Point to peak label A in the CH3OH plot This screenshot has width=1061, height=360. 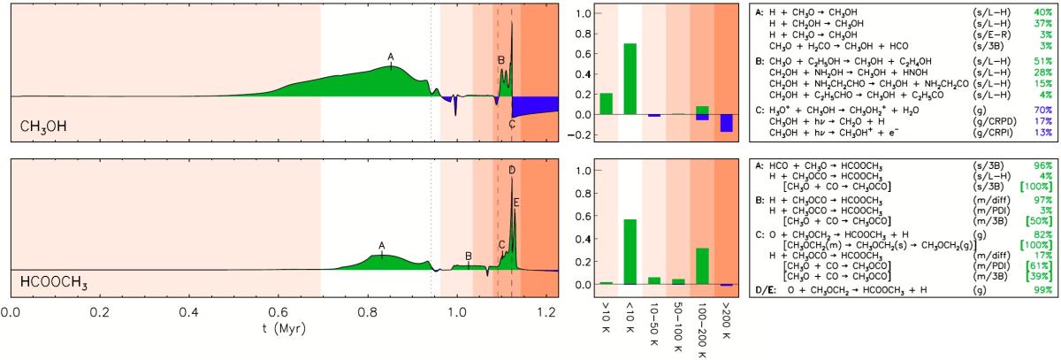pyautogui.click(x=390, y=57)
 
